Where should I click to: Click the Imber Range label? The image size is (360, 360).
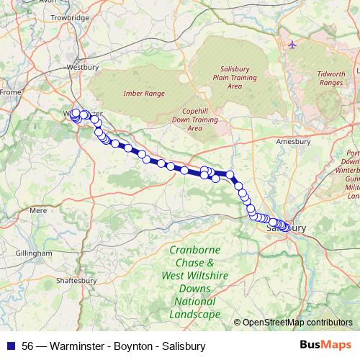tap(144, 94)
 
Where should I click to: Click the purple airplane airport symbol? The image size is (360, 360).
tap(292, 45)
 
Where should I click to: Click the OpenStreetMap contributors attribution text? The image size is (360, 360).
tap(297, 323)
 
